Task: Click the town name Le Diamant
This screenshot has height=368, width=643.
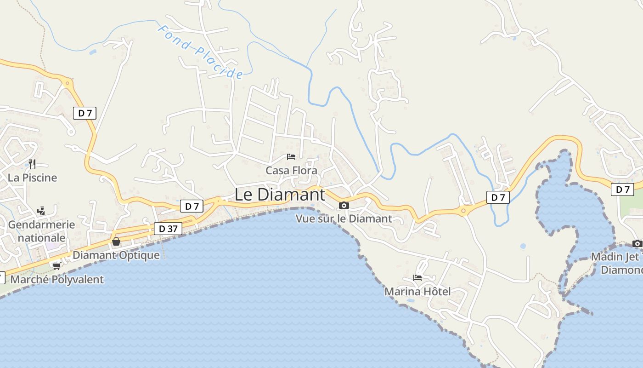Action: pos(280,195)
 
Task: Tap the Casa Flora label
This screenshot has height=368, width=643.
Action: pos(291,171)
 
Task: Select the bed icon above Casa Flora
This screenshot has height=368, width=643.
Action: pos(291,157)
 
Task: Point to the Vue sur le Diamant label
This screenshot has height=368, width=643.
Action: pos(344,218)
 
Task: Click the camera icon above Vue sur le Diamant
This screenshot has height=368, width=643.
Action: pos(344,205)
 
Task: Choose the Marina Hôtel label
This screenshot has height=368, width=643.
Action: pos(417,291)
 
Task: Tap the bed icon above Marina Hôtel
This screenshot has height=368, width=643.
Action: pos(417,278)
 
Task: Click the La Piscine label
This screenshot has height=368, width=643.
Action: pos(32,178)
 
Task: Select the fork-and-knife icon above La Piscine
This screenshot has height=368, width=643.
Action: pos(32,164)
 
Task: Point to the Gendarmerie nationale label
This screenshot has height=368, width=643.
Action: pos(41,231)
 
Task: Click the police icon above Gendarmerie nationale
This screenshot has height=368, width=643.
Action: pos(41,211)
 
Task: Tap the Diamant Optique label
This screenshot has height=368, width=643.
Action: pos(116,255)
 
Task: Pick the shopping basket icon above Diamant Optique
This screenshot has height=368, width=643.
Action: pos(116,241)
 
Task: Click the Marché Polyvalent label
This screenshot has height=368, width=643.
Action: pos(57,279)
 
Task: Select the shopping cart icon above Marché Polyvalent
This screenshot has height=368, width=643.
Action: pos(56,266)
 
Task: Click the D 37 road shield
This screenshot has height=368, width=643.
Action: pos(168,229)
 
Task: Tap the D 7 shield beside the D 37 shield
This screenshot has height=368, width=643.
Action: pos(192,206)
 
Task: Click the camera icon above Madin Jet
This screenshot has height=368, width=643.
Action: pos(637,243)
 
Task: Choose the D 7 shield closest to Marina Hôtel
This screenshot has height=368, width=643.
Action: pos(498,197)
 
